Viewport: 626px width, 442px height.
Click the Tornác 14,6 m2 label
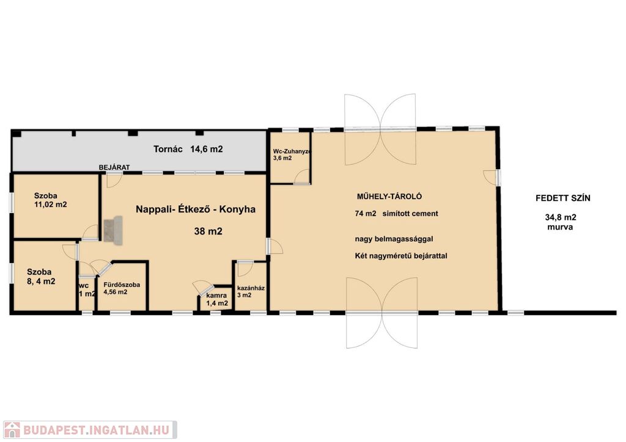(x=188, y=149)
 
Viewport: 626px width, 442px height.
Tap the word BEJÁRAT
(x=114, y=167)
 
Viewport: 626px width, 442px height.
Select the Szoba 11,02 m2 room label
(x=50, y=200)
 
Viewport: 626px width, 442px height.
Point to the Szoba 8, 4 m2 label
(x=41, y=277)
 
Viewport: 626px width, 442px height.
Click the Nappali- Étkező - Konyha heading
(x=196, y=209)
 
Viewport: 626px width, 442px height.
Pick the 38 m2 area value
(x=208, y=231)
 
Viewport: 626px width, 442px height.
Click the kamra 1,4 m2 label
(x=217, y=299)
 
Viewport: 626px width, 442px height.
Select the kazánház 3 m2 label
(x=251, y=291)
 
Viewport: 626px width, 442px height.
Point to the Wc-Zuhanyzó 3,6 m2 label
(x=292, y=154)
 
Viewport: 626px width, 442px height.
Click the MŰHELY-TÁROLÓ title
(x=389, y=196)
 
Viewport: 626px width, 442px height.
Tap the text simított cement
(x=410, y=214)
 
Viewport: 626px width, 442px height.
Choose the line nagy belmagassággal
(x=394, y=239)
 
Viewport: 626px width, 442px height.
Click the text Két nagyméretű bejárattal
(x=401, y=256)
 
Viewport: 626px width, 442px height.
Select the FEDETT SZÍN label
(x=563, y=198)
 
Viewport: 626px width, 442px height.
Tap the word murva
(x=560, y=227)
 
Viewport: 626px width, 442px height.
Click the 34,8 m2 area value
(x=561, y=217)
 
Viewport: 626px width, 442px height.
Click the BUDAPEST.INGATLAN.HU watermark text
(x=96, y=430)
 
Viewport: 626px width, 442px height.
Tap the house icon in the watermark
(x=12, y=430)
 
